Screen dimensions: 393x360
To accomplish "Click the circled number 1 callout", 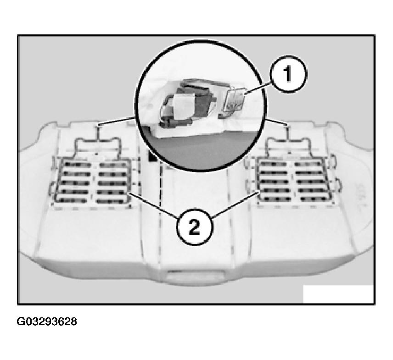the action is coord(288,74).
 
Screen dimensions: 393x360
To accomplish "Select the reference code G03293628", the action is coord(47,321).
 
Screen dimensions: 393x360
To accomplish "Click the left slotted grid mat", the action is coord(92,182).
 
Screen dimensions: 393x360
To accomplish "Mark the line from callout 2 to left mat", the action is coord(154,205).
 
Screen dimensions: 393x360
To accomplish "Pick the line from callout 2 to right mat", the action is coord(236,204).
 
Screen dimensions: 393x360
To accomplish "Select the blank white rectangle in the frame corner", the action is coord(338,294).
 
